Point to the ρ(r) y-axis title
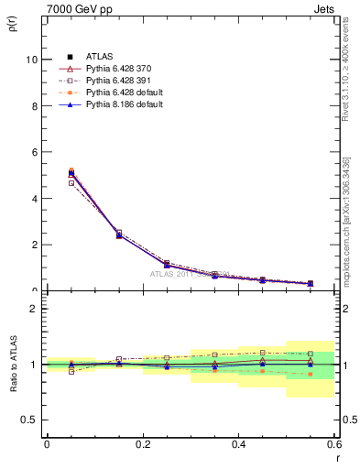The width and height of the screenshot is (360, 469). [x=13, y=22]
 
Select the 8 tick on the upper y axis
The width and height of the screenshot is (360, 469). [x=34, y=106]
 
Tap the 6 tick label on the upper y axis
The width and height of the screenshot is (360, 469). [x=34, y=152]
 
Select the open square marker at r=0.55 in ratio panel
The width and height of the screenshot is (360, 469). [x=311, y=354]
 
